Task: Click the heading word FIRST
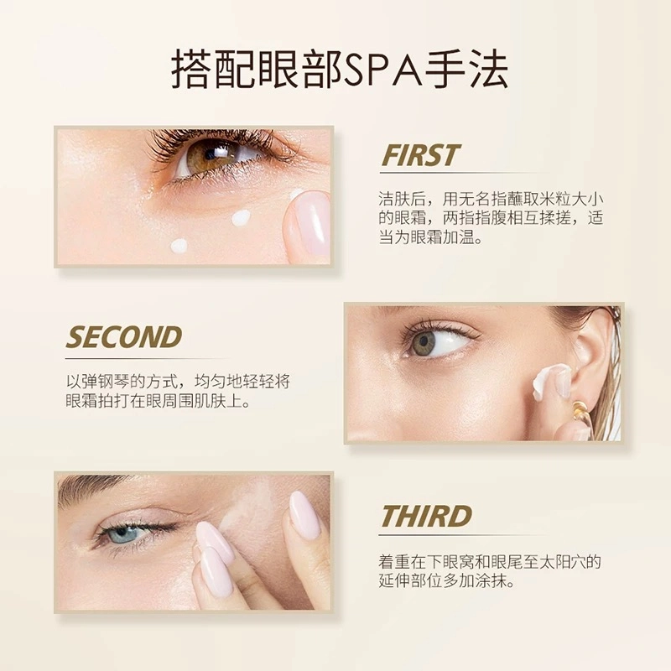click(x=419, y=155)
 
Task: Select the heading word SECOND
click(x=124, y=337)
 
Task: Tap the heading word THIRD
click(x=426, y=516)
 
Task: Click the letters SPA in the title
click(x=382, y=70)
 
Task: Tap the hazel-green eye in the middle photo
click(x=424, y=341)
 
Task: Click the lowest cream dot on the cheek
click(x=179, y=246)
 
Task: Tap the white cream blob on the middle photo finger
click(x=547, y=380)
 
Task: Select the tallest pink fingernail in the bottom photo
click(x=304, y=515)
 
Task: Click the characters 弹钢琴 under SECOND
click(x=104, y=382)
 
